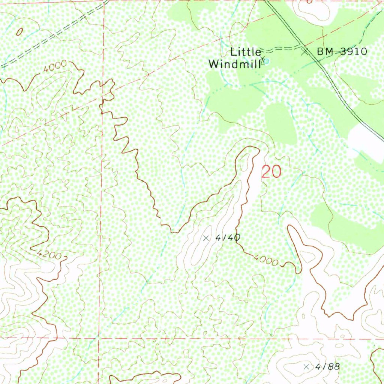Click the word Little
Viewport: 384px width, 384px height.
[x=246, y=52]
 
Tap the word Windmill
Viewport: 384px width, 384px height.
[x=234, y=64]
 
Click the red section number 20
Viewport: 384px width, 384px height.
[x=271, y=172]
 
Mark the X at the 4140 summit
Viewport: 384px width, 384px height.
[x=205, y=238]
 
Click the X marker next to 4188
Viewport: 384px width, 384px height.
[x=306, y=366]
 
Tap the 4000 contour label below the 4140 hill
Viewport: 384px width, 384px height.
[x=266, y=259]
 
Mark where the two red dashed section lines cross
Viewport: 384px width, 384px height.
[x=99, y=338]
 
